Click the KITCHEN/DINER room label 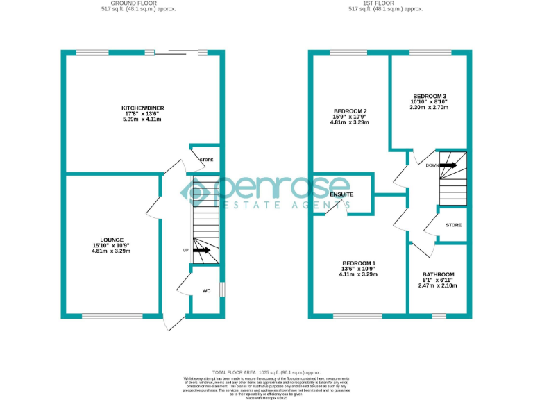click(142, 108)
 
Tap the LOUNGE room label click(111, 240)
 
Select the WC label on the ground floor click(206, 291)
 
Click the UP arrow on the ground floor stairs click(202, 250)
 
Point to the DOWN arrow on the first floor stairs click(448, 165)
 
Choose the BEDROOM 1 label click(359, 262)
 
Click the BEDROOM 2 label click(350, 111)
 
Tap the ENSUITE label click(341, 194)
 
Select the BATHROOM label click(438, 274)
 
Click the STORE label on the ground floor click(206, 160)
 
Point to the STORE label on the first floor click(453, 225)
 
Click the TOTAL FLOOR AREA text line click(266, 373)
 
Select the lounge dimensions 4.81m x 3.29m click(111, 251)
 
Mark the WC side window click(221, 288)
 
